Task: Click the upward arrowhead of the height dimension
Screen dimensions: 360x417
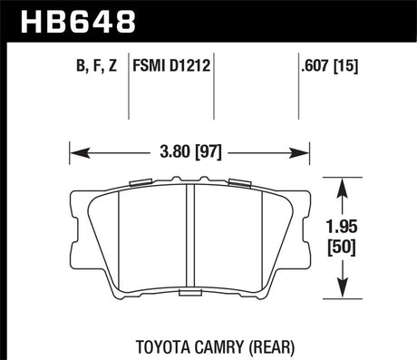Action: [x=341, y=184]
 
